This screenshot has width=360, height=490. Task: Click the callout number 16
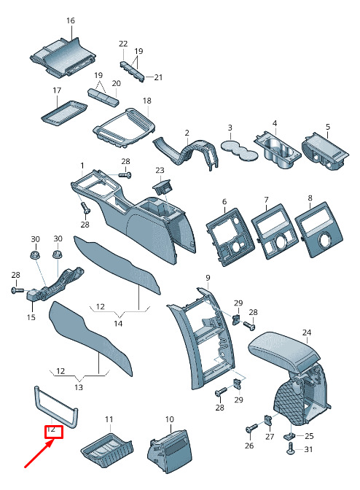coord(71,20)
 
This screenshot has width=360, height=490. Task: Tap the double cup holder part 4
coord(277,151)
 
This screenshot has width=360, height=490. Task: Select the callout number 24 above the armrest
coord(307,332)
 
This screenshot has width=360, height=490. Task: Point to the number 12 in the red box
coord(51,429)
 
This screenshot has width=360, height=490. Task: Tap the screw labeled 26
coord(251,428)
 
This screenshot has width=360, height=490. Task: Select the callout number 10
coord(169,419)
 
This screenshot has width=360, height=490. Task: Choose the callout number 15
coord(31,317)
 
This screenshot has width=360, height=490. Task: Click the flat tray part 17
coord(64,113)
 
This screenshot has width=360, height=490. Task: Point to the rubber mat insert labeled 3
coord(239,150)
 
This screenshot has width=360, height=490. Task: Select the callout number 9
coord(208,278)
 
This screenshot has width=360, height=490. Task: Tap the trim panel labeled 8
coord(318,230)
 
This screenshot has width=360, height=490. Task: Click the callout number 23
coord(160,171)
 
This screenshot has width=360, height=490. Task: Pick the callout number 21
coord(158,77)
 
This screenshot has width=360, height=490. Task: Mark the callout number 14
coord(118,324)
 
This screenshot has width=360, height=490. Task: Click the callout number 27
coord(270,437)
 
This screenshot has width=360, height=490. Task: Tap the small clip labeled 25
coord(290,435)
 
